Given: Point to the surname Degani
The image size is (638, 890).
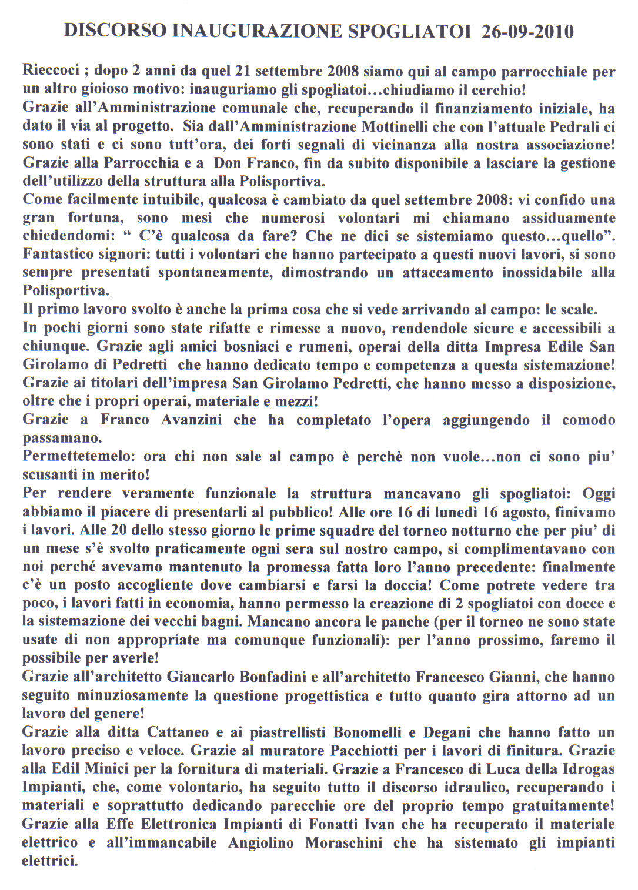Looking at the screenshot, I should [x=445, y=732].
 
